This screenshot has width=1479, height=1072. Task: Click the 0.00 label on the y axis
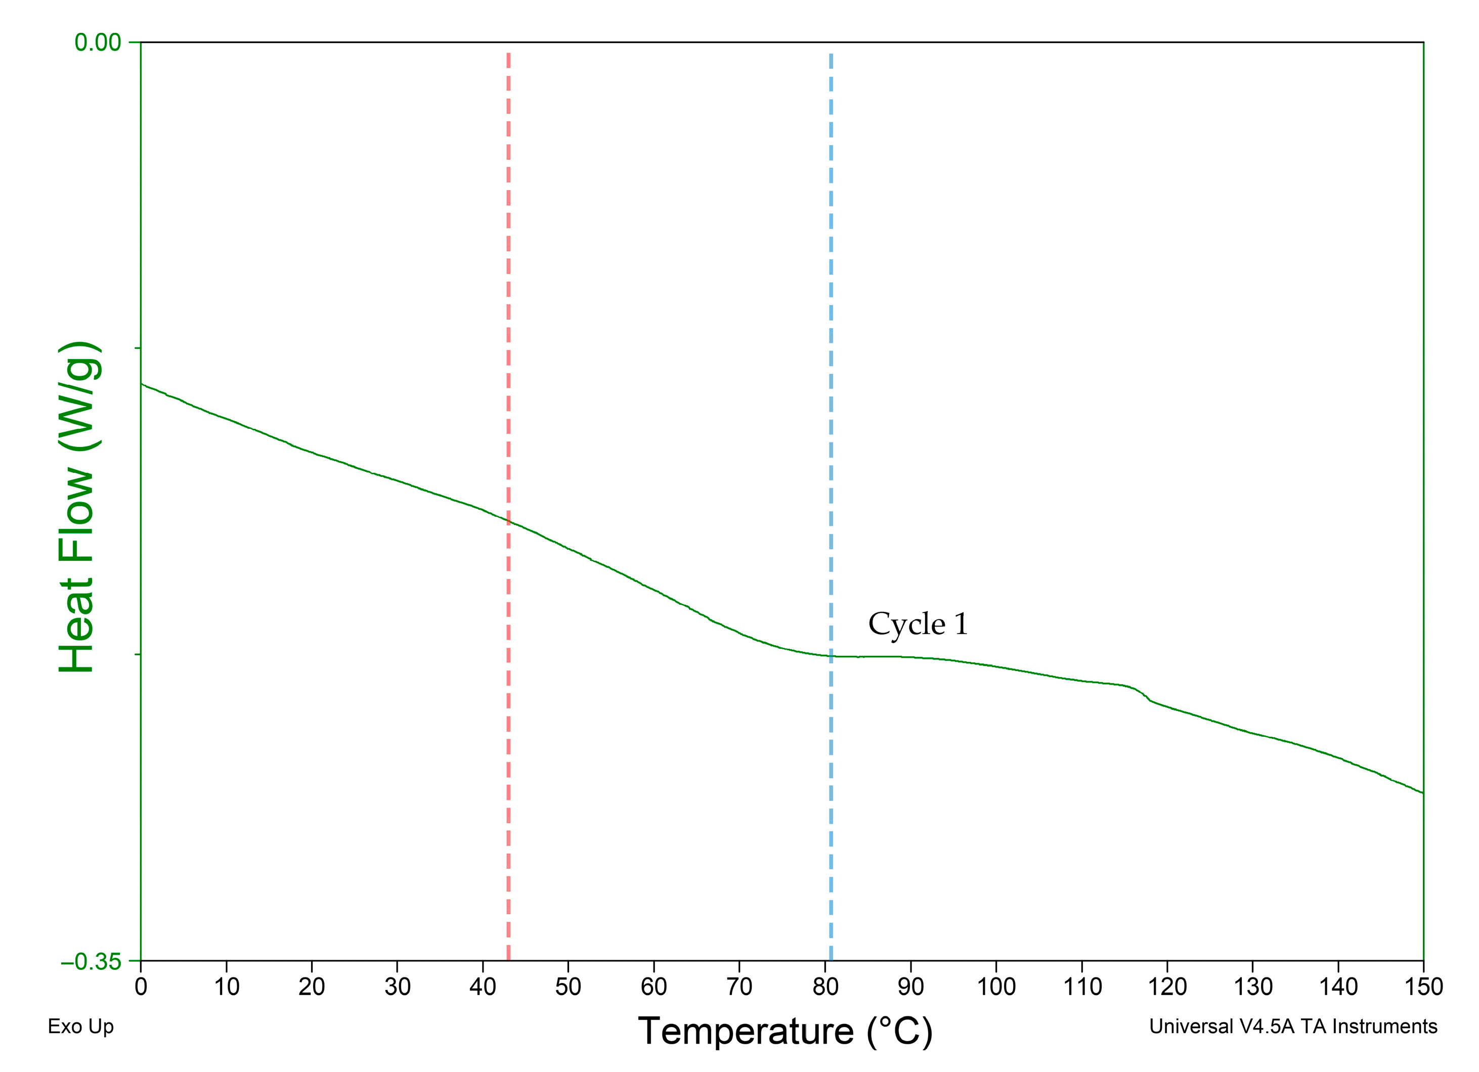tap(97, 42)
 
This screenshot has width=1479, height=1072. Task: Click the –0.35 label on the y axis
tap(91, 962)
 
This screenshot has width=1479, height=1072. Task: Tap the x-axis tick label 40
tap(483, 987)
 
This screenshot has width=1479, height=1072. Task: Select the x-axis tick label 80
tap(825, 987)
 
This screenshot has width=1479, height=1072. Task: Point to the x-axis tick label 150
tap(1423, 987)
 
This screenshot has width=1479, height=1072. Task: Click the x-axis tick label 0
tap(141, 987)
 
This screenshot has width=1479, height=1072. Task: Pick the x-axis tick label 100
tap(996, 987)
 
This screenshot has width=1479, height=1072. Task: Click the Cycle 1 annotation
tap(918, 624)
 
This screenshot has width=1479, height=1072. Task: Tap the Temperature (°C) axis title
tap(785, 1031)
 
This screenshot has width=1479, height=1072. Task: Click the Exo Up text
tap(81, 1026)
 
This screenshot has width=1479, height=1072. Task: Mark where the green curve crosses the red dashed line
tap(508, 521)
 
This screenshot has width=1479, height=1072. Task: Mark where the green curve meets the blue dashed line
tap(831, 655)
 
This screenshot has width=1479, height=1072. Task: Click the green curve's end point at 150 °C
tap(1423, 793)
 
